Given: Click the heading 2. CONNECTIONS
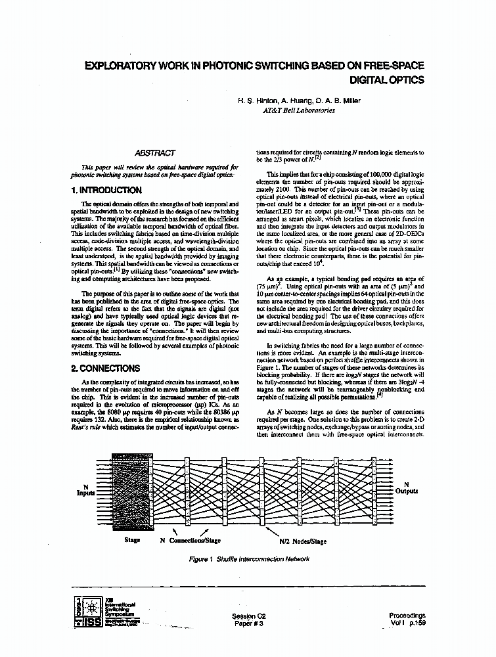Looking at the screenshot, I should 105,369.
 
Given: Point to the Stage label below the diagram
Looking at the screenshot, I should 132,541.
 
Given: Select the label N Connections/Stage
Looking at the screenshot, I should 191,541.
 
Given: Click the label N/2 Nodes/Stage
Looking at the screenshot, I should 303,541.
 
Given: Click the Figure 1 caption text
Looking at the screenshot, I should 248,559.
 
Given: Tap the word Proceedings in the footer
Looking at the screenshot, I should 407,616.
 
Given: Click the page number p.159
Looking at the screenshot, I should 417,623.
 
